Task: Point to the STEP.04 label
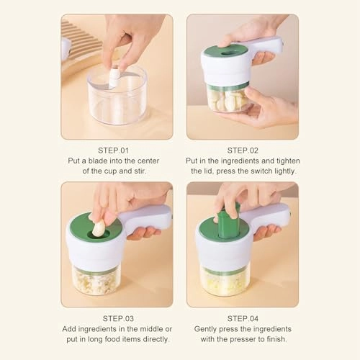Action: click(x=242, y=318)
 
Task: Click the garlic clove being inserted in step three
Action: click(x=97, y=228)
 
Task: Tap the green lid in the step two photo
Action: click(x=226, y=52)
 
